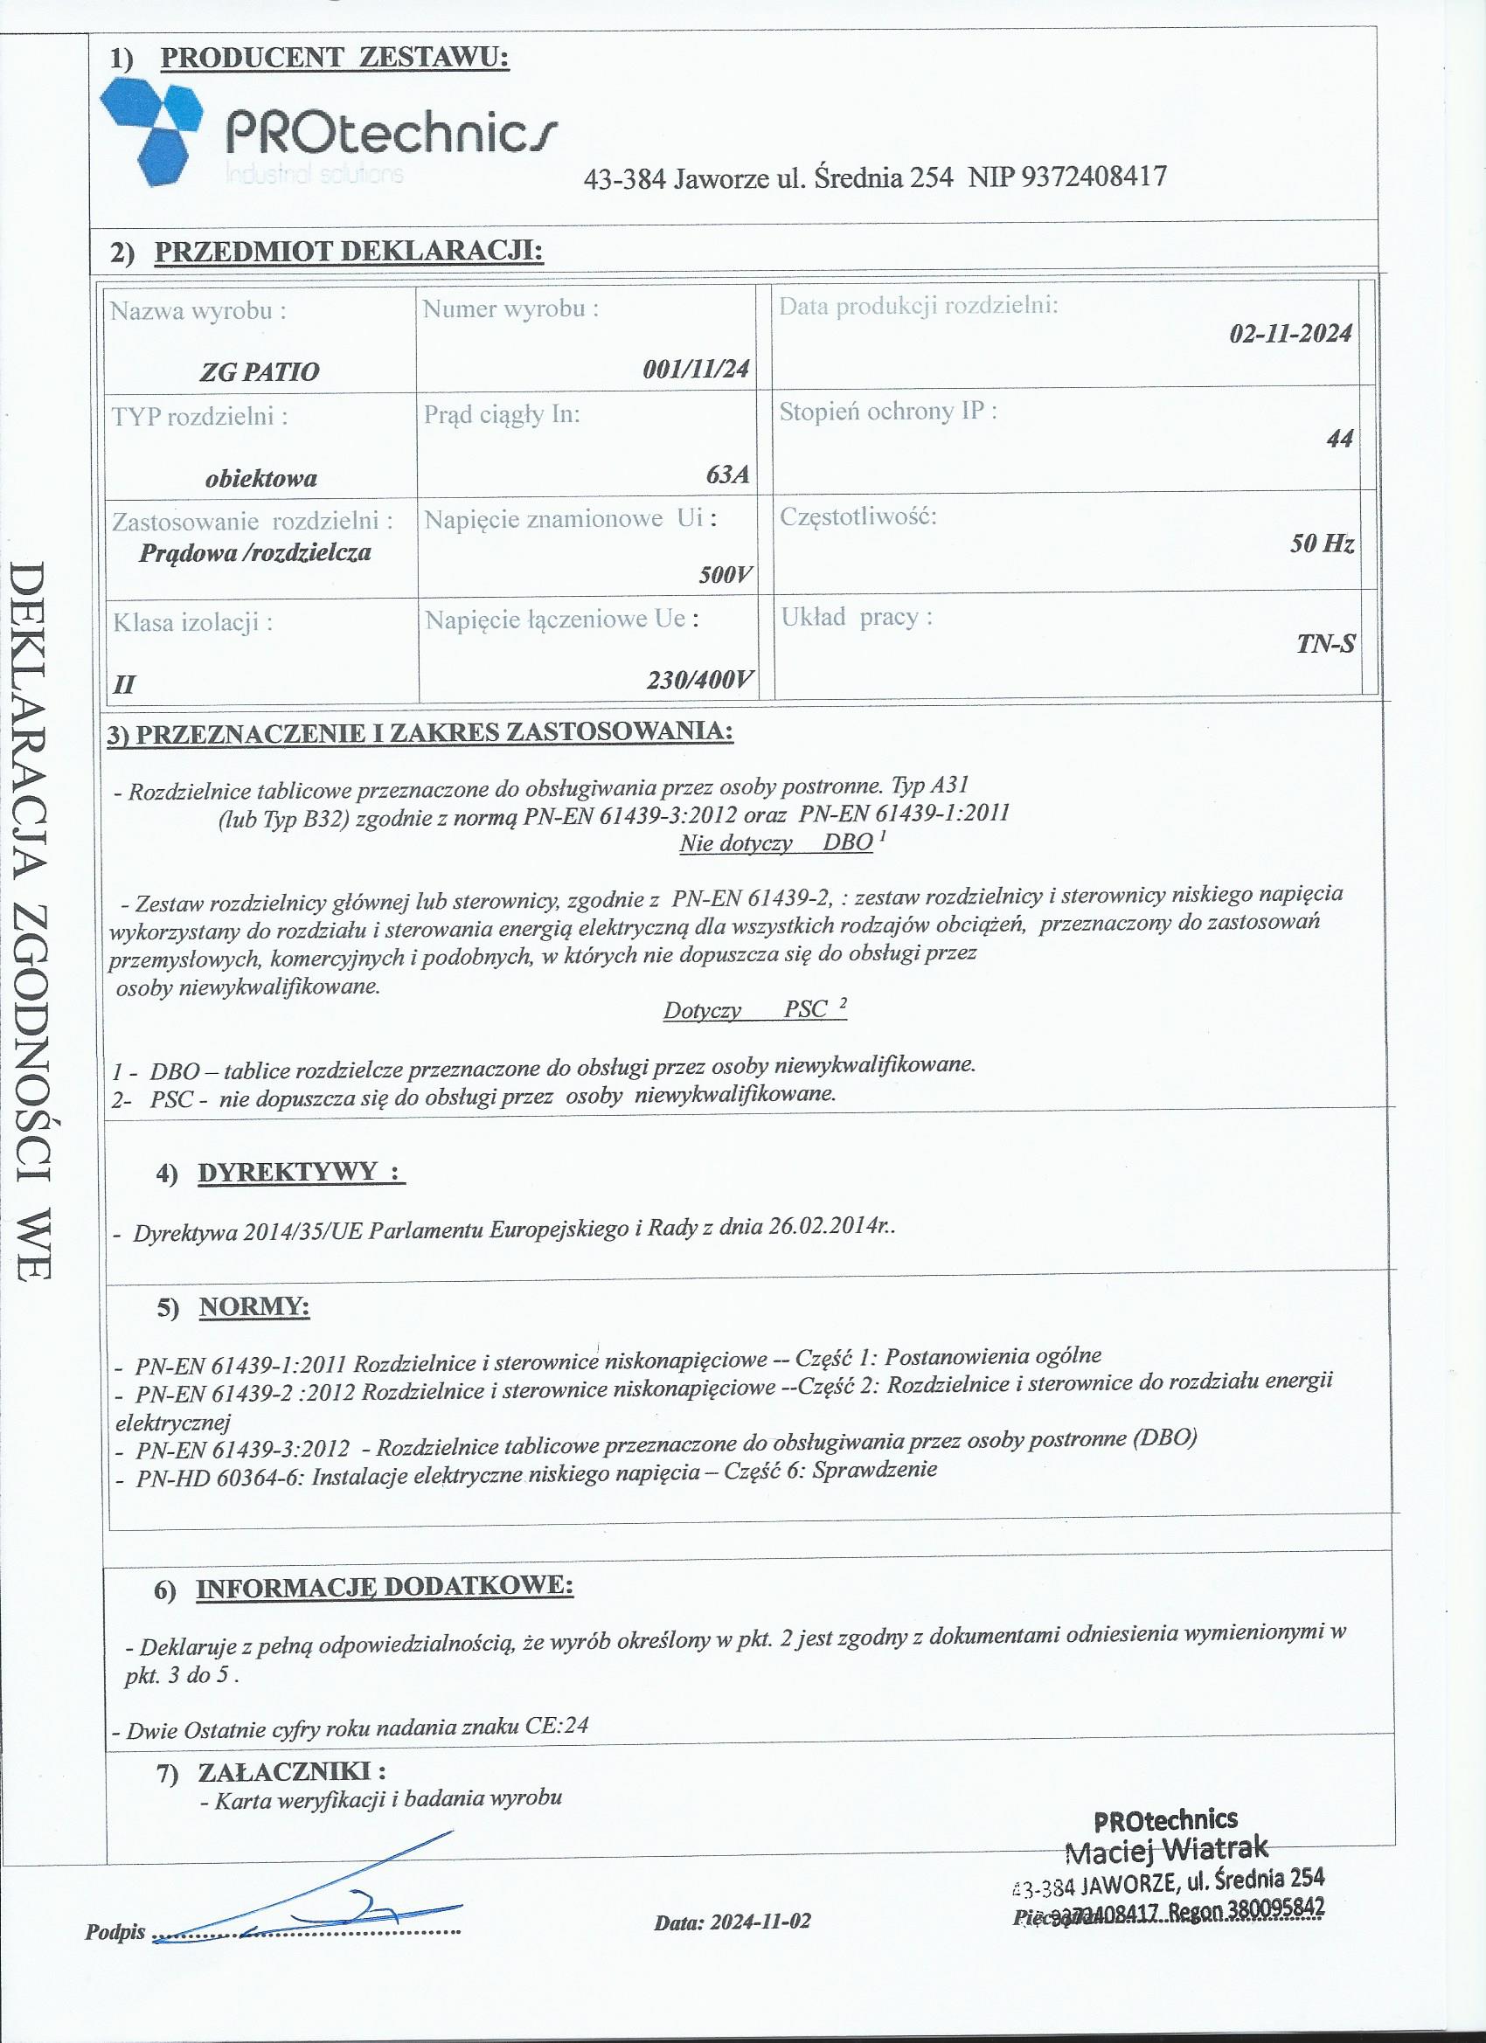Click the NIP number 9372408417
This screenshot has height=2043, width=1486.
pyautogui.click(x=1095, y=176)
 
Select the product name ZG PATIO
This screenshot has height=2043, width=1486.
pyautogui.click(x=260, y=372)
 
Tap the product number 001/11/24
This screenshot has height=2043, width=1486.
pyautogui.click(x=696, y=369)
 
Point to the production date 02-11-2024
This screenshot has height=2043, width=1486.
pyautogui.click(x=1290, y=334)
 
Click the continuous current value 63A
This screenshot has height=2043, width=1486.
pyautogui.click(x=728, y=474)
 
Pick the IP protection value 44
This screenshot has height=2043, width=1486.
pyautogui.click(x=1340, y=439)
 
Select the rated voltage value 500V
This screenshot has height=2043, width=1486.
pyautogui.click(x=726, y=575)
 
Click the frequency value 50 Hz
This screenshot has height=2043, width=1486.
pyautogui.click(x=1322, y=544)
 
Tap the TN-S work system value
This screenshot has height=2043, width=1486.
pyautogui.click(x=1325, y=643)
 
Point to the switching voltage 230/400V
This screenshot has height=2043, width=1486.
pyautogui.click(x=699, y=680)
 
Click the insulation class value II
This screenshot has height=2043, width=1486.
pyautogui.click(x=124, y=683)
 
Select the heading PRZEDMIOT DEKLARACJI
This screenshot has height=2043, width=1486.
pyautogui.click(x=349, y=251)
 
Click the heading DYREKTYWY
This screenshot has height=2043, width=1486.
pyautogui.click(x=300, y=1172)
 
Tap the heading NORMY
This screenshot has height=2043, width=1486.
pyautogui.click(x=254, y=1307)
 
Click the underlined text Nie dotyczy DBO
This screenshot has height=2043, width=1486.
pyautogui.click(x=776, y=843)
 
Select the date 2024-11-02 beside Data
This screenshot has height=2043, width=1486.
pyautogui.click(x=760, y=1922)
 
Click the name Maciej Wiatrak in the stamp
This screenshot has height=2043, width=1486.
pyautogui.click(x=1166, y=1851)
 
